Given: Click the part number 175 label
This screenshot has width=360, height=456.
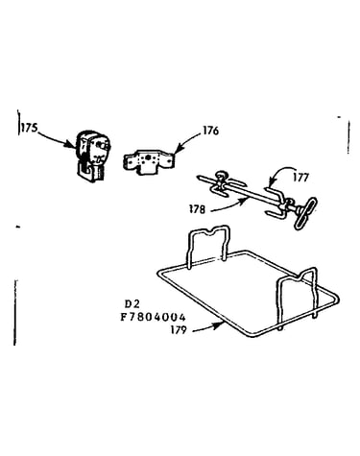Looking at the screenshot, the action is pos(30,128).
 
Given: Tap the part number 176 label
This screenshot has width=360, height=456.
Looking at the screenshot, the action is pos(210,131).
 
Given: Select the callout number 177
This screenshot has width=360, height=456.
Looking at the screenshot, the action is pos(300,177).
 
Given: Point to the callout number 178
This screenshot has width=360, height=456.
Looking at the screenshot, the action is pos(197,209).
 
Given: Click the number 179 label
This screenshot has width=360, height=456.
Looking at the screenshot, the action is pos(179,329).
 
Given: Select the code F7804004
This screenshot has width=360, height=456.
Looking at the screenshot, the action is pos(153,317).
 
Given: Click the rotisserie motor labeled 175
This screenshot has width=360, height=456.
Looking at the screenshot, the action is pos(93,156).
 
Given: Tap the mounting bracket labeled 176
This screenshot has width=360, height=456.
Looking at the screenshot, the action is pos(149,162).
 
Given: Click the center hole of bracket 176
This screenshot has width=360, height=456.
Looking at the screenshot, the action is pos(148,157).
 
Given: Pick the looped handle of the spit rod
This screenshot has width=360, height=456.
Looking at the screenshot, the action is pos(305,213).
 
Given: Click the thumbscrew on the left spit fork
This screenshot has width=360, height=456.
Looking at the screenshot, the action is pos(221,175).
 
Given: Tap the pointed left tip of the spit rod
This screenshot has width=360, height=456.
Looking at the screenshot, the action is pos(199,176).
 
